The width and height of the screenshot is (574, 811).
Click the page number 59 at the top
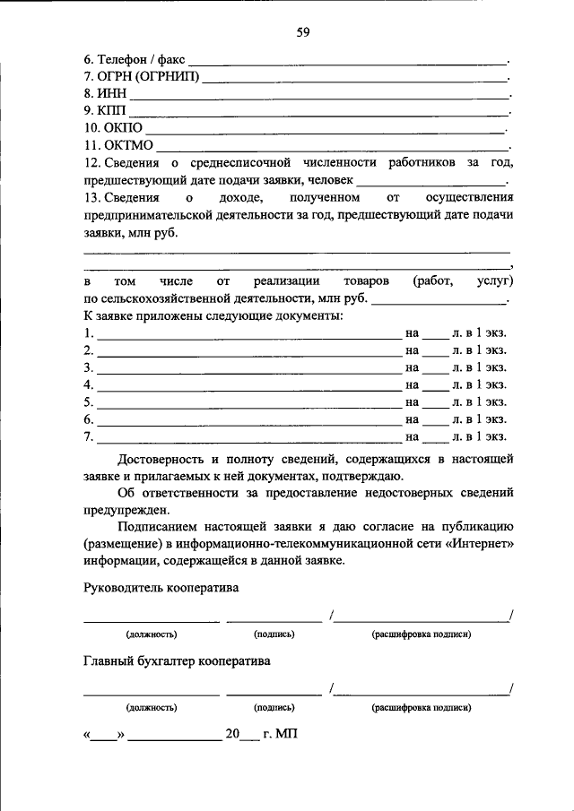coord(303,33)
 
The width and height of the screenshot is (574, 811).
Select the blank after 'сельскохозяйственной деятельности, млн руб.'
coord(439,302)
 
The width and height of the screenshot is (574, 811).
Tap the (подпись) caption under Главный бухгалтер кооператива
coord(274,707)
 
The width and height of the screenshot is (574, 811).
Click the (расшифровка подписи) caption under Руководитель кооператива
coord(422,634)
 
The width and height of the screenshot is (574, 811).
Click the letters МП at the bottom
coord(286,734)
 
